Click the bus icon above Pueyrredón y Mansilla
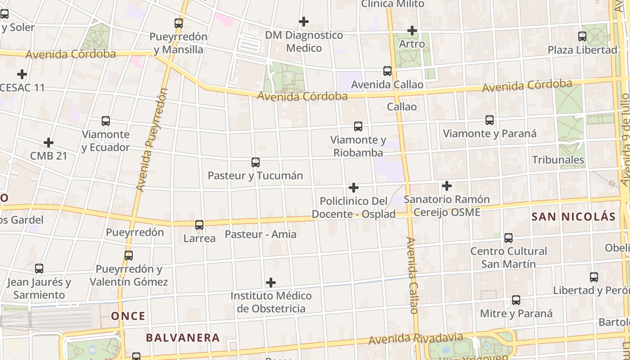(x=179, y=23)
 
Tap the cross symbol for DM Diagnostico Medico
(x=304, y=21)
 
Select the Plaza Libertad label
(x=582, y=49)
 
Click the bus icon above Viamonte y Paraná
(x=490, y=120)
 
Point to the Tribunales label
(x=558, y=160)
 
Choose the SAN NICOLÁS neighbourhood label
(x=573, y=216)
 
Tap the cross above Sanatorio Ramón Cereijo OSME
(x=446, y=185)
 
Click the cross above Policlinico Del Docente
(x=354, y=187)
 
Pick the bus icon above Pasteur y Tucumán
(x=256, y=162)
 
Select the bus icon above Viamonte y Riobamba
(x=358, y=126)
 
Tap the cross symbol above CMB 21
(x=49, y=143)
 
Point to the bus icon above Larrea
(x=199, y=225)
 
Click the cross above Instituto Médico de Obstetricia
(x=271, y=282)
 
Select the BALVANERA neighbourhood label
(x=183, y=337)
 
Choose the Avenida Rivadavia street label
(x=415, y=338)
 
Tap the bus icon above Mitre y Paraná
(x=516, y=300)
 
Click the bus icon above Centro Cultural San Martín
(x=508, y=238)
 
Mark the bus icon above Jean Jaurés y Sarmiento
(x=39, y=269)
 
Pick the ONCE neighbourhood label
(x=128, y=316)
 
